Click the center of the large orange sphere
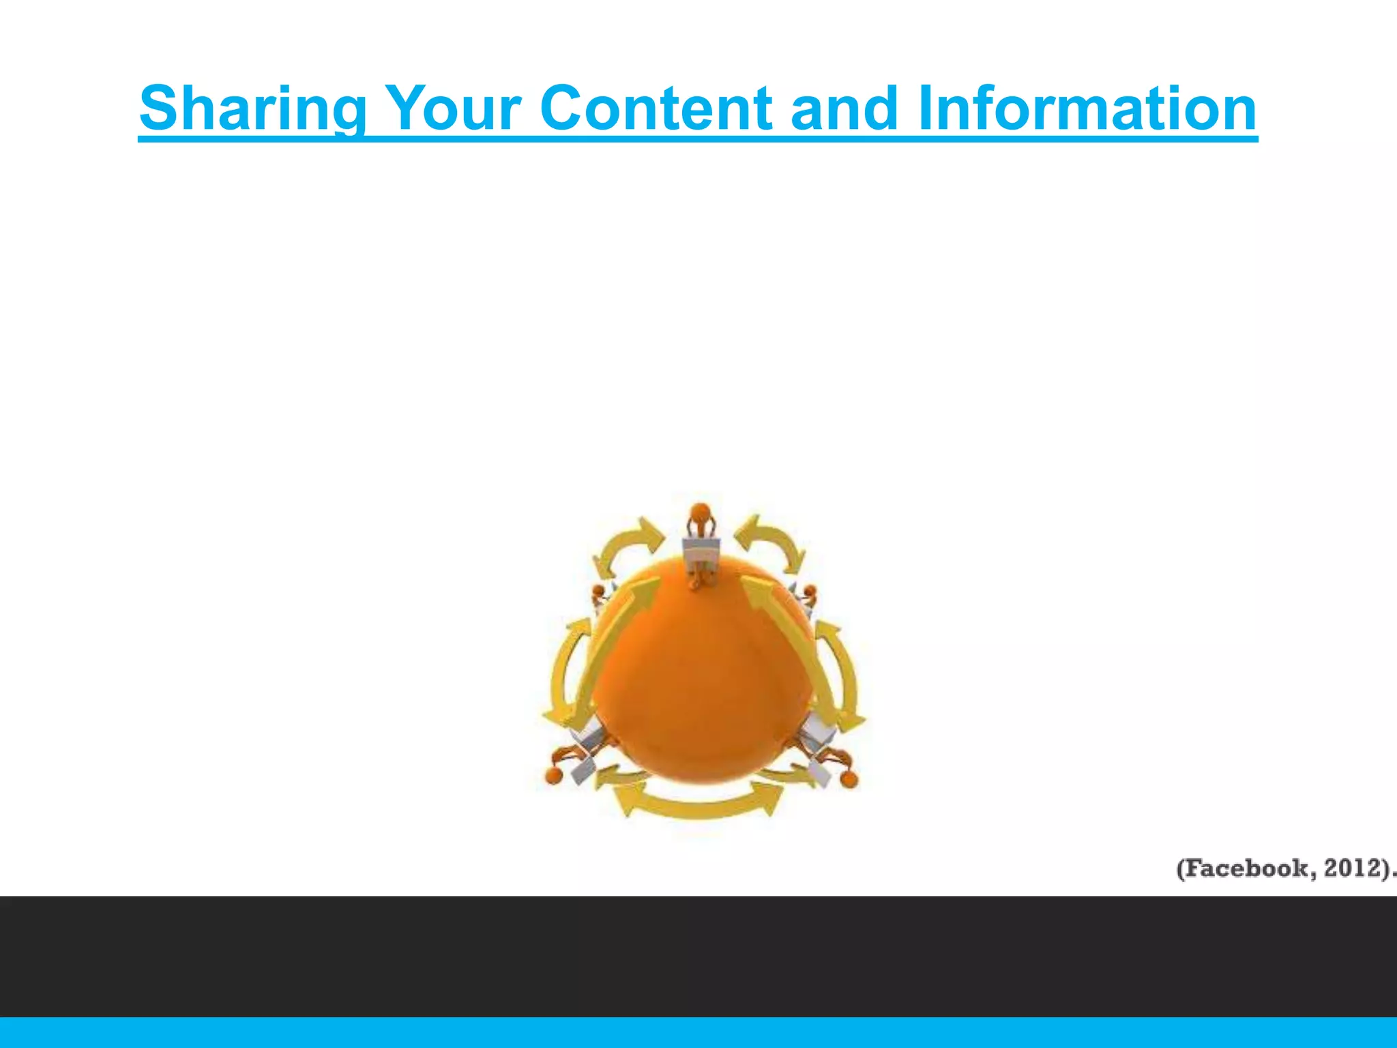click(x=703, y=675)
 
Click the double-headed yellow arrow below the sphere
click(x=697, y=801)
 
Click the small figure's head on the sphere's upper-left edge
click(x=598, y=591)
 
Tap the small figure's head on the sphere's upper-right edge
click(x=809, y=591)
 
